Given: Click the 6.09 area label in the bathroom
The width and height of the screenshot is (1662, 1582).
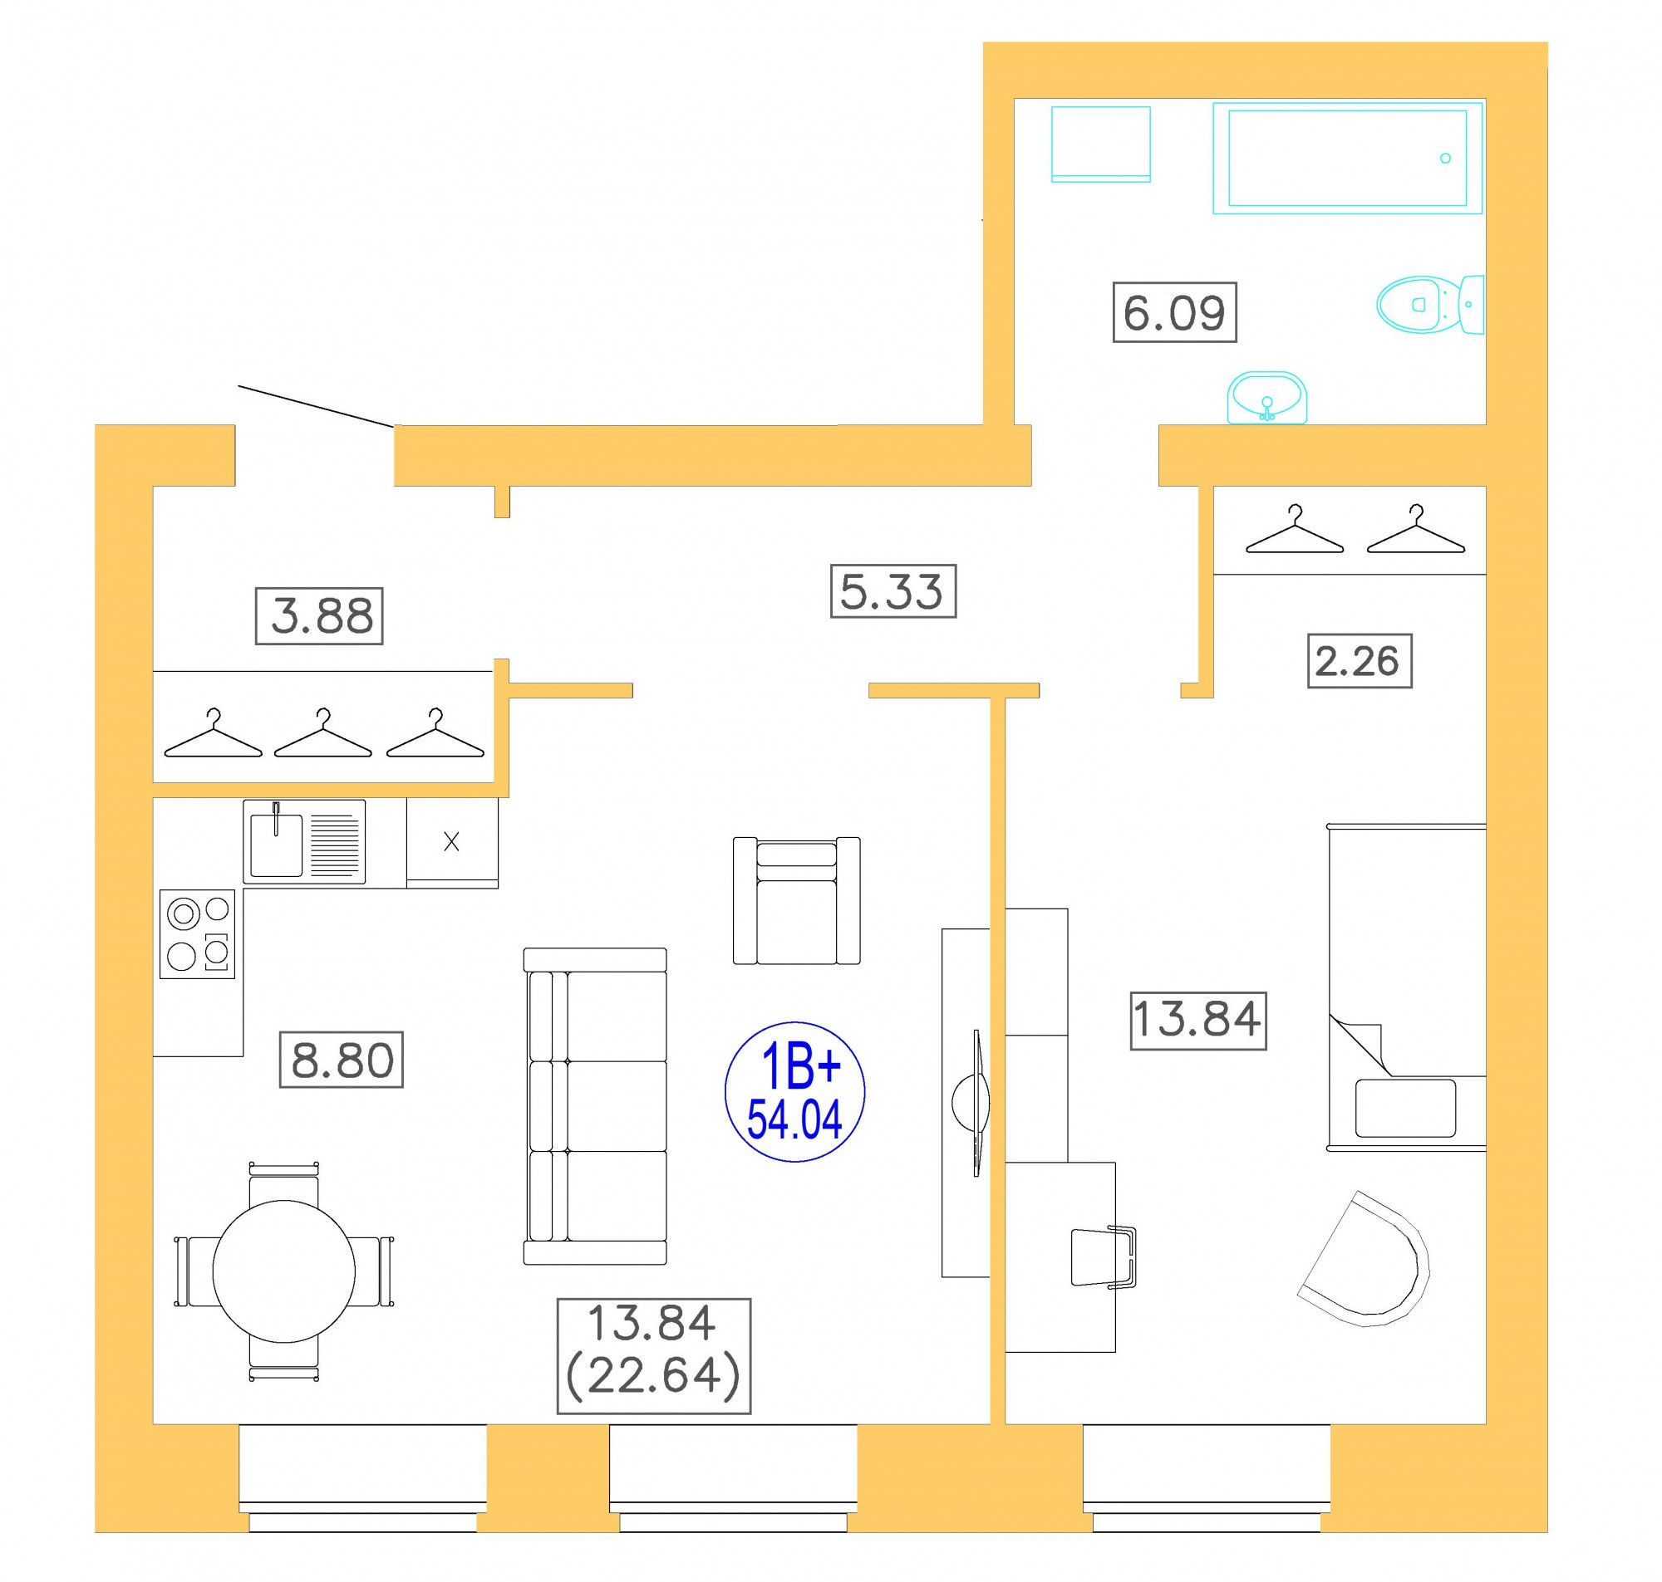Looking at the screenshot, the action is coord(1174,312).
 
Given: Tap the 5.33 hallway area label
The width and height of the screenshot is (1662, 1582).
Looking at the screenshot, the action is coord(892,590).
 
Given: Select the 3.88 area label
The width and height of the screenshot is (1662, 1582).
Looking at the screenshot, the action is coord(319,615).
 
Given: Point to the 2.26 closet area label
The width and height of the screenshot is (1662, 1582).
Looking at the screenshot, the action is coord(1360,660).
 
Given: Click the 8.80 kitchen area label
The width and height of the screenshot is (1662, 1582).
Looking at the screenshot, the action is coord(342,1059).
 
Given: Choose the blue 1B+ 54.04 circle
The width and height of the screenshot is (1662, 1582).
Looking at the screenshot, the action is coord(794,1091).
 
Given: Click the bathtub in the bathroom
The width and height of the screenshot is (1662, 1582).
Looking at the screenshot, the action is coord(1347,158).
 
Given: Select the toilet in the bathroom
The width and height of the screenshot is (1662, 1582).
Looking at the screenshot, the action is coord(1430,305).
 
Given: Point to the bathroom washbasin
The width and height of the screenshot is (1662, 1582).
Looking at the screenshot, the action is coord(1266,397).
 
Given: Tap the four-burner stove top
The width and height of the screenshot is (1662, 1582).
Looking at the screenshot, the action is coord(198,933).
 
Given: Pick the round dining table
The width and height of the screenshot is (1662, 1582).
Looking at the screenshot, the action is coord(283,1271).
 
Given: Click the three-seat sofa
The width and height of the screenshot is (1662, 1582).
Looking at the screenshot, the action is coord(595,1106).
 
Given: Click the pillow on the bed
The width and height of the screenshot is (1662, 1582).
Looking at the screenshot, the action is coord(1405,1108).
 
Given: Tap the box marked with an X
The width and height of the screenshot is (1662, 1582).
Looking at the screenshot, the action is coord(452,842).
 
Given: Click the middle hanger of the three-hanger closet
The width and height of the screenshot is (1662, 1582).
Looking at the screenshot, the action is coord(323,732).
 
